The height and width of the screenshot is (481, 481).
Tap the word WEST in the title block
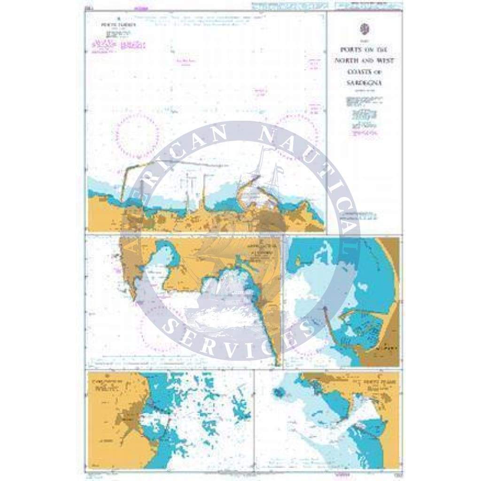[385, 61]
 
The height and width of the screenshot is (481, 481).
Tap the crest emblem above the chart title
[364, 29]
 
